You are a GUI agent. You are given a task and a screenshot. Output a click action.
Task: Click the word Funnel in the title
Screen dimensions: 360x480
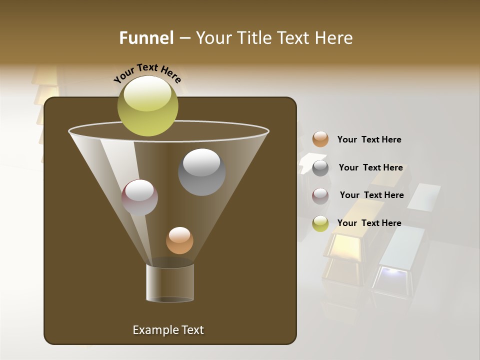click(146, 38)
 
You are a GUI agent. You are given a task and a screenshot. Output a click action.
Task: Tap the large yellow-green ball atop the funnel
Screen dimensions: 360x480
click(147, 105)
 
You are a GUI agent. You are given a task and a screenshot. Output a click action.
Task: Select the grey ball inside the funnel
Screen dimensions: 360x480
click(201, 172)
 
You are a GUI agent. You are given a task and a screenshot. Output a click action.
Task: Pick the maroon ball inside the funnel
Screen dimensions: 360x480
click(139, 197)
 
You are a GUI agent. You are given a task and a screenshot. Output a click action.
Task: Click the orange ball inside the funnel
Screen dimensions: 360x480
click(179, 240)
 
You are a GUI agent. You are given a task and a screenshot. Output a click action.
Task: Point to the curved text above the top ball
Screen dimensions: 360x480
click(147, 73)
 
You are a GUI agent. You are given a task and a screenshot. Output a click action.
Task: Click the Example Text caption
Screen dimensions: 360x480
click(168, 330)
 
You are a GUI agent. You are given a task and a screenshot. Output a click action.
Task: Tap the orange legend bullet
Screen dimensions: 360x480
click(320, 139)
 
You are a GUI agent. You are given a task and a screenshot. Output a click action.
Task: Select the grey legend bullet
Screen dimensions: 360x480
click(320, 168)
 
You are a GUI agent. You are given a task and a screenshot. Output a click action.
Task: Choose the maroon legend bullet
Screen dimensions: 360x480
click(320, 196)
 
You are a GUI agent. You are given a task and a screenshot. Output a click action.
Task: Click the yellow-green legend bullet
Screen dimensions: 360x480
click(320, 223)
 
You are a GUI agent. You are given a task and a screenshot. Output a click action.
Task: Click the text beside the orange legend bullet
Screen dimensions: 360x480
click(369, 139)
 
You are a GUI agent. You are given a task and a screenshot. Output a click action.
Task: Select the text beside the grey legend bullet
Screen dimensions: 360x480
click(370, 167)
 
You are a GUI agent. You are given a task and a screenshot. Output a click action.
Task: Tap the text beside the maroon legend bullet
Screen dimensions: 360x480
click(371, 195)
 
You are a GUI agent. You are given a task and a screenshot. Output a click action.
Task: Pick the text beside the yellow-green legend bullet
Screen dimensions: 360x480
click(369, 223)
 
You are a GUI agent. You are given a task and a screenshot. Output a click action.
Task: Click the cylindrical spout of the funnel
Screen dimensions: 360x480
click(170, 283)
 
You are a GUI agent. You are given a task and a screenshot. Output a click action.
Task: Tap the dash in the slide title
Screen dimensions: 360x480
click(184, 38)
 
